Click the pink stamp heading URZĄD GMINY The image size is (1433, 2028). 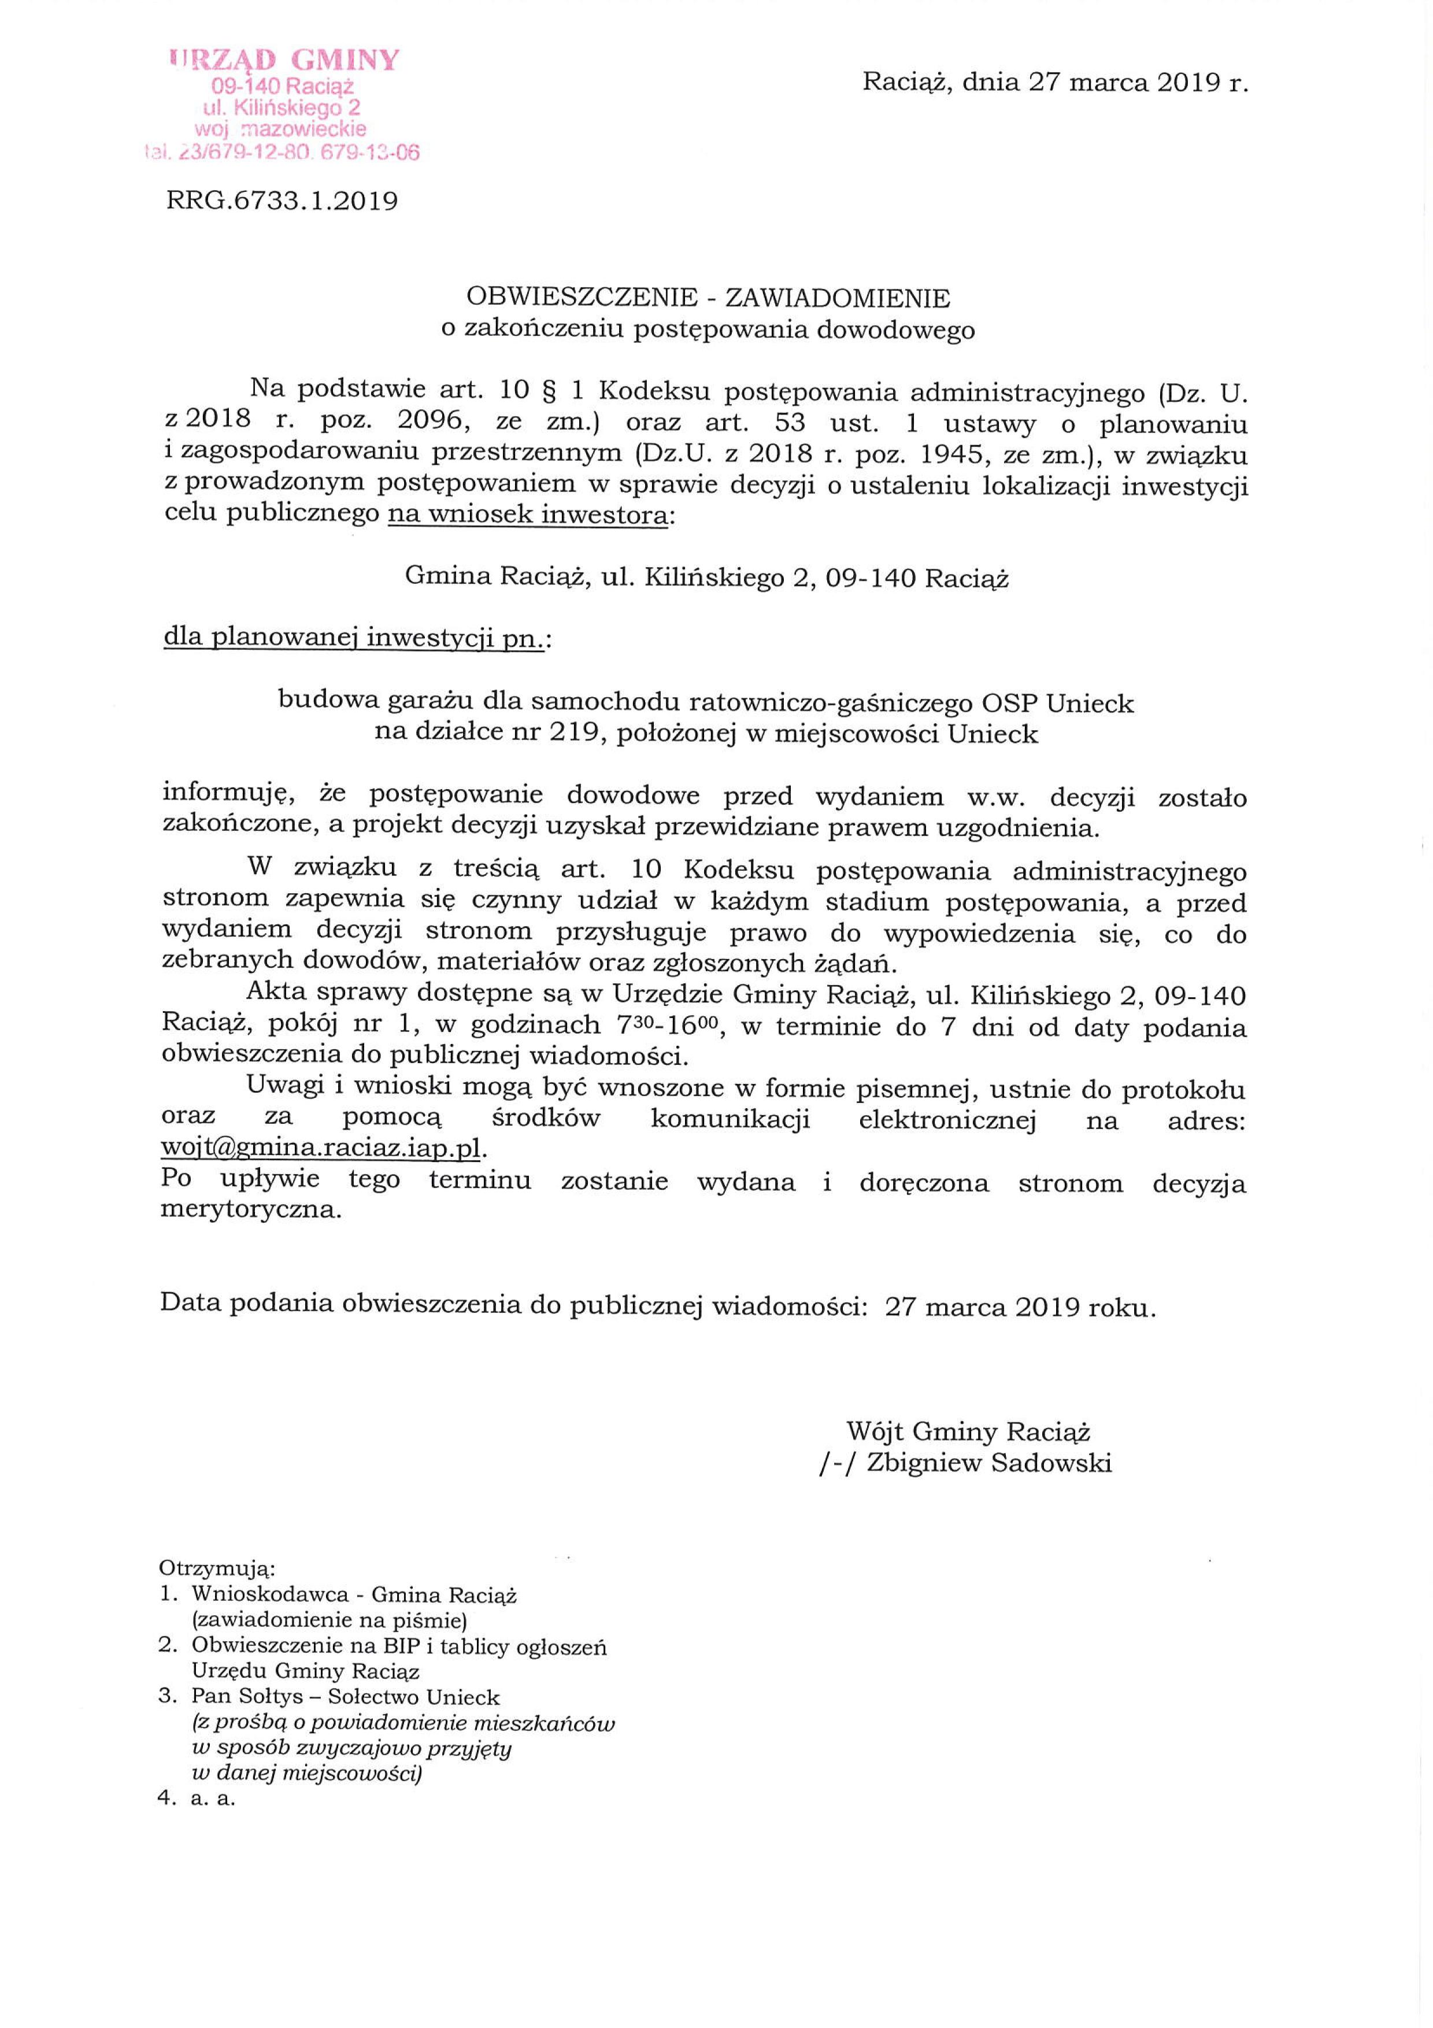pyautogui.click(x=284, y=61)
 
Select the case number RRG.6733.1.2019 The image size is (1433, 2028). pyautogui.click(x=282, y=202)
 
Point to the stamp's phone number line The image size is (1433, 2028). pyautogui.click(x=281, y=153)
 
